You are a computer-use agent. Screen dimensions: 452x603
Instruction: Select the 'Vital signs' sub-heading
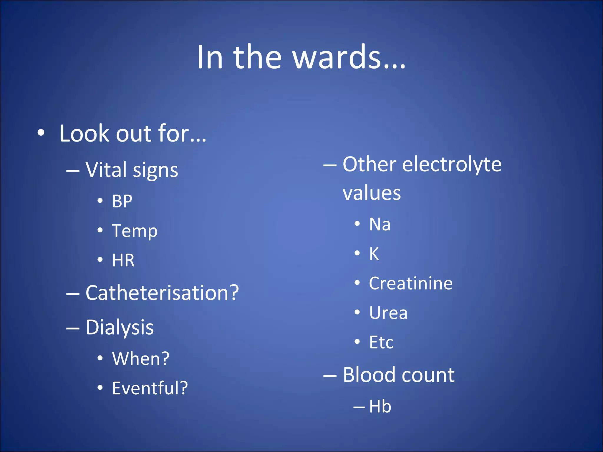tap(132, 170)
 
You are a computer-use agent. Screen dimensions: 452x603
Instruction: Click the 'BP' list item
tap(122, 201)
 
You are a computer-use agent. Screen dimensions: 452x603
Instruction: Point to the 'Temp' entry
tap(135, 231)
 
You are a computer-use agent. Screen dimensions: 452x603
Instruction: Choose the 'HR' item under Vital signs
tap(123, 260)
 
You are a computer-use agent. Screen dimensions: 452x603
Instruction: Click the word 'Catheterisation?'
tap(162, 293)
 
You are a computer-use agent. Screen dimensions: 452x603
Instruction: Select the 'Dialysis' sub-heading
tap(120, 328)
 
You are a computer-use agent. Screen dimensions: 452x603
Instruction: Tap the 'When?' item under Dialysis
tap(141, 359)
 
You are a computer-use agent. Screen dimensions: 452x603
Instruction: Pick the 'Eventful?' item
tap(150, 388)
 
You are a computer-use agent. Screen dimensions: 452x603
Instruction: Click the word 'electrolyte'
tap(452, 164)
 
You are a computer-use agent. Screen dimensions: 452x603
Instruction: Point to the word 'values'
tap(372, 193)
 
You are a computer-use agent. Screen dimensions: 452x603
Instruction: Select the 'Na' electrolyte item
tap(380, 224)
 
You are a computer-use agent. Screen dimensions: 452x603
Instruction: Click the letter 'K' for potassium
tap(374, 254)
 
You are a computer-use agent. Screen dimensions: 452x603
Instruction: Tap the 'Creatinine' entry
tap(411, 283)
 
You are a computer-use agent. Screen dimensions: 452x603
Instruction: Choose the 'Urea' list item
tap(388, 313)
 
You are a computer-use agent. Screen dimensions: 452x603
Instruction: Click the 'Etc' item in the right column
tap(381, 342)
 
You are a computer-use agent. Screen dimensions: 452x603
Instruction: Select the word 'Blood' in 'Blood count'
tap(369, 375)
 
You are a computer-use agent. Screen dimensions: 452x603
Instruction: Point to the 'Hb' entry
tap(380, 406)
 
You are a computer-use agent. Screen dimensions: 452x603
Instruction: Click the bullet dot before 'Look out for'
tap(41, 133)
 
